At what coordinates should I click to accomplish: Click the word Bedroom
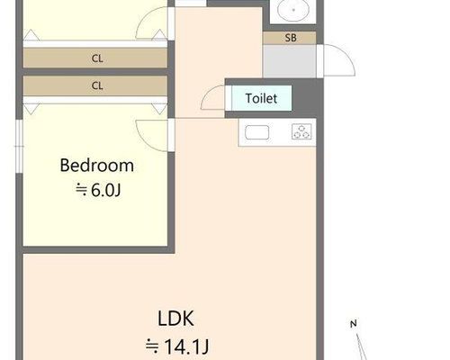point(97,166)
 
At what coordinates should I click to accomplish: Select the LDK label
point(175,319)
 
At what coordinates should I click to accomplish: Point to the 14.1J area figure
point(186,346)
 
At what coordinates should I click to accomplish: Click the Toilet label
point(261,98)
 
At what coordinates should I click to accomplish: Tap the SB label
point(291,38)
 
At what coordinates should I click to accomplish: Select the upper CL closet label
point(97,58)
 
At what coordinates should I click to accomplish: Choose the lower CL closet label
point(97,85)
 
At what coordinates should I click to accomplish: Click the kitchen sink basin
point(257,132)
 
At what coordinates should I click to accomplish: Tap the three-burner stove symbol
point(301,131)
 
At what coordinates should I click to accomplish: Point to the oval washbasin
point(293,10)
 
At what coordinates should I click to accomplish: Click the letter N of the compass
point(354,324)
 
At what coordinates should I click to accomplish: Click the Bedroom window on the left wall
point(19,147)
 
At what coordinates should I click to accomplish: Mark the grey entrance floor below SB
point(290,61)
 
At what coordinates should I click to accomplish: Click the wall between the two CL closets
point(95,72)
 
